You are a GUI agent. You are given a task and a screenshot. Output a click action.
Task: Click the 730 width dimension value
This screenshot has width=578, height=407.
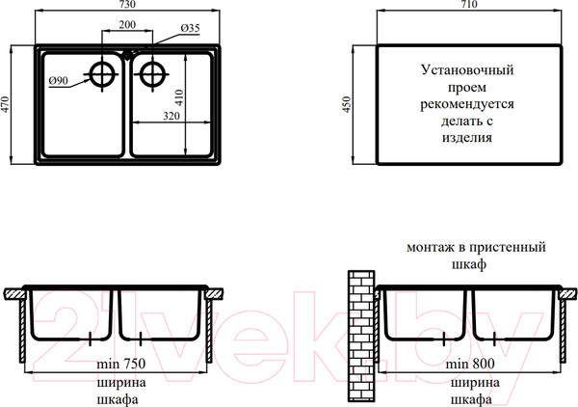click(127, 4)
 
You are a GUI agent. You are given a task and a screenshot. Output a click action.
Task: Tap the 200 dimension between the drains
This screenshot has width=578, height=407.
click(127, 25)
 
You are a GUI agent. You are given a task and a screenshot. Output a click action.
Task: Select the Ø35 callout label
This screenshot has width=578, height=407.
click(190, 28)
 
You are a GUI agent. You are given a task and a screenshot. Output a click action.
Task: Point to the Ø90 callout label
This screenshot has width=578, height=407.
click(59, 80)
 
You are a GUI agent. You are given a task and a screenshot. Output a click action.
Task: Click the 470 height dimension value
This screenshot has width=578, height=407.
click(5, 104)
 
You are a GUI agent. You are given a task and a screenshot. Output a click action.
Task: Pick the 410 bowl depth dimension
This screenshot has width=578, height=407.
click(179, 97)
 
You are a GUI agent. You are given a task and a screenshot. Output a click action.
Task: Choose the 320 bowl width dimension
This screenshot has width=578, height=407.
click(171, 116)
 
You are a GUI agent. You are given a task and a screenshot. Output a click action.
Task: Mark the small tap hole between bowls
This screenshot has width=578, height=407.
click(127, 56)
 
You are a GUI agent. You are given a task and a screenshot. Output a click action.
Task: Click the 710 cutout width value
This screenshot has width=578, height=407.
click(469, 4)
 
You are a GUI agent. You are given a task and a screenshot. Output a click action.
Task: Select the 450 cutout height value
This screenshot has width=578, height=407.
click(347, 104)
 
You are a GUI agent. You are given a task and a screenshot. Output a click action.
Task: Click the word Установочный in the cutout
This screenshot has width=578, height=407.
click(467, 69)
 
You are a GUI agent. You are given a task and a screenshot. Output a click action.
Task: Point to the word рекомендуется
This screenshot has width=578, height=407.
click(467, 104)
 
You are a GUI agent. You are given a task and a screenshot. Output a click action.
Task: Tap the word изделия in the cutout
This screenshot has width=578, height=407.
click(467, 138)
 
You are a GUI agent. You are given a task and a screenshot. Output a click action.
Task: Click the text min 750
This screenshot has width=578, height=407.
click(121, 364)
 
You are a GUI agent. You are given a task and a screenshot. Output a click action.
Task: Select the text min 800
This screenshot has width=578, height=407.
click(470, 364)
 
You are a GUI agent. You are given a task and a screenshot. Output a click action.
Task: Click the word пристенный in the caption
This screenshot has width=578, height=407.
click(508, 247)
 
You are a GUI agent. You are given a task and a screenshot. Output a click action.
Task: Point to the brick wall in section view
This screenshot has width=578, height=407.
click(361, 336)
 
